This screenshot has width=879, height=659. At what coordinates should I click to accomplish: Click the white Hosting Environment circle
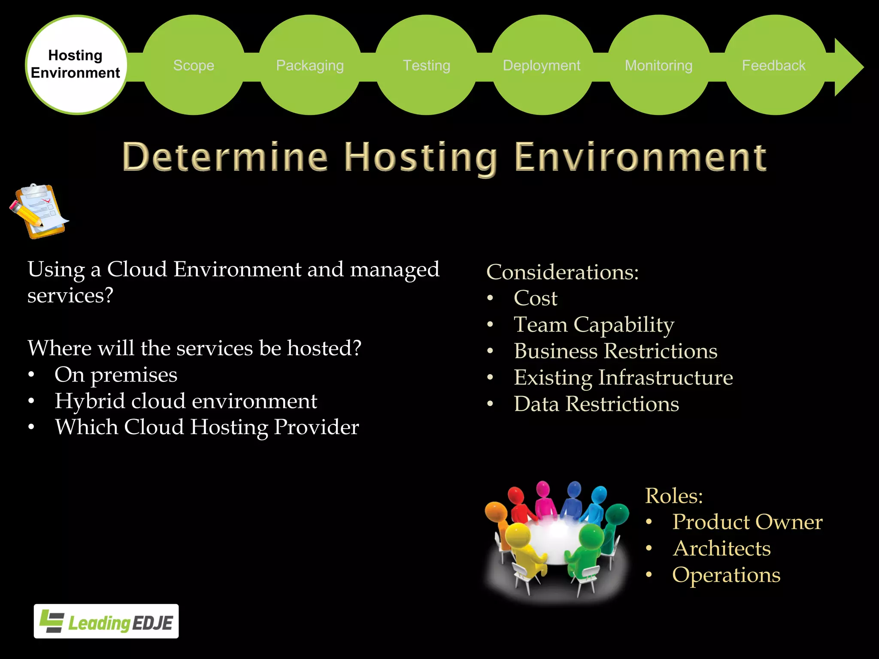pyautogui.click(x=76, y=65)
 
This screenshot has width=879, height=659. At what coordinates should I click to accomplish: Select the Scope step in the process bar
pyautogui.click(x=194, y=65)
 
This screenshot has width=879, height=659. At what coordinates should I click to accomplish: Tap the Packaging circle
pyautogui.click(x=310, y=65)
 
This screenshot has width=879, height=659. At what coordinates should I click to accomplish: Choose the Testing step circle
pyautogui.click(x=426, y=65)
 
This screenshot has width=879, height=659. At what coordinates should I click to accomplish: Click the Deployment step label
pyautogui.click(x=542, y=65)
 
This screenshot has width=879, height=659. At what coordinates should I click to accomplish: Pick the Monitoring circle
pyautogui.click(x=659, y=65)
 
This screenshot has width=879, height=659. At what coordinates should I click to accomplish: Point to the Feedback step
pyautogui.click(x=774, y=65)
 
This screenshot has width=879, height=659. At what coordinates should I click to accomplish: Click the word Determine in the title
pyautogui.click(x=225, y=157)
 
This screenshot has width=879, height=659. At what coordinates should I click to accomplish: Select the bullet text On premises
pyautogui.click(x=116, y=375)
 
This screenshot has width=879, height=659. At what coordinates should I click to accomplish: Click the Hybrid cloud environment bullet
pyautogui.click(x=186, y=401)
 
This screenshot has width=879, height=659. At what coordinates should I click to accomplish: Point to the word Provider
pyautogui.click(x=316, y=427)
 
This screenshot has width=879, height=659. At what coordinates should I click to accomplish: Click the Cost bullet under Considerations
pyautogui.click(x=536, y=298)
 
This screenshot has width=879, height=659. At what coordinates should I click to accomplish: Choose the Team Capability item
pyautogui.click(x=594, y=325)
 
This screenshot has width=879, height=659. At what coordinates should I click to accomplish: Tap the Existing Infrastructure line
pyautogui.click(x=623, y=378)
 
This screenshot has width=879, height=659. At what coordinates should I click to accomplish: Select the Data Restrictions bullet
pyautogui.click(x=597, y=404)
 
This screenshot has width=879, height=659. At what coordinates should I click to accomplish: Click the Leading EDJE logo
pyautogui.click(x=106, y=621)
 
